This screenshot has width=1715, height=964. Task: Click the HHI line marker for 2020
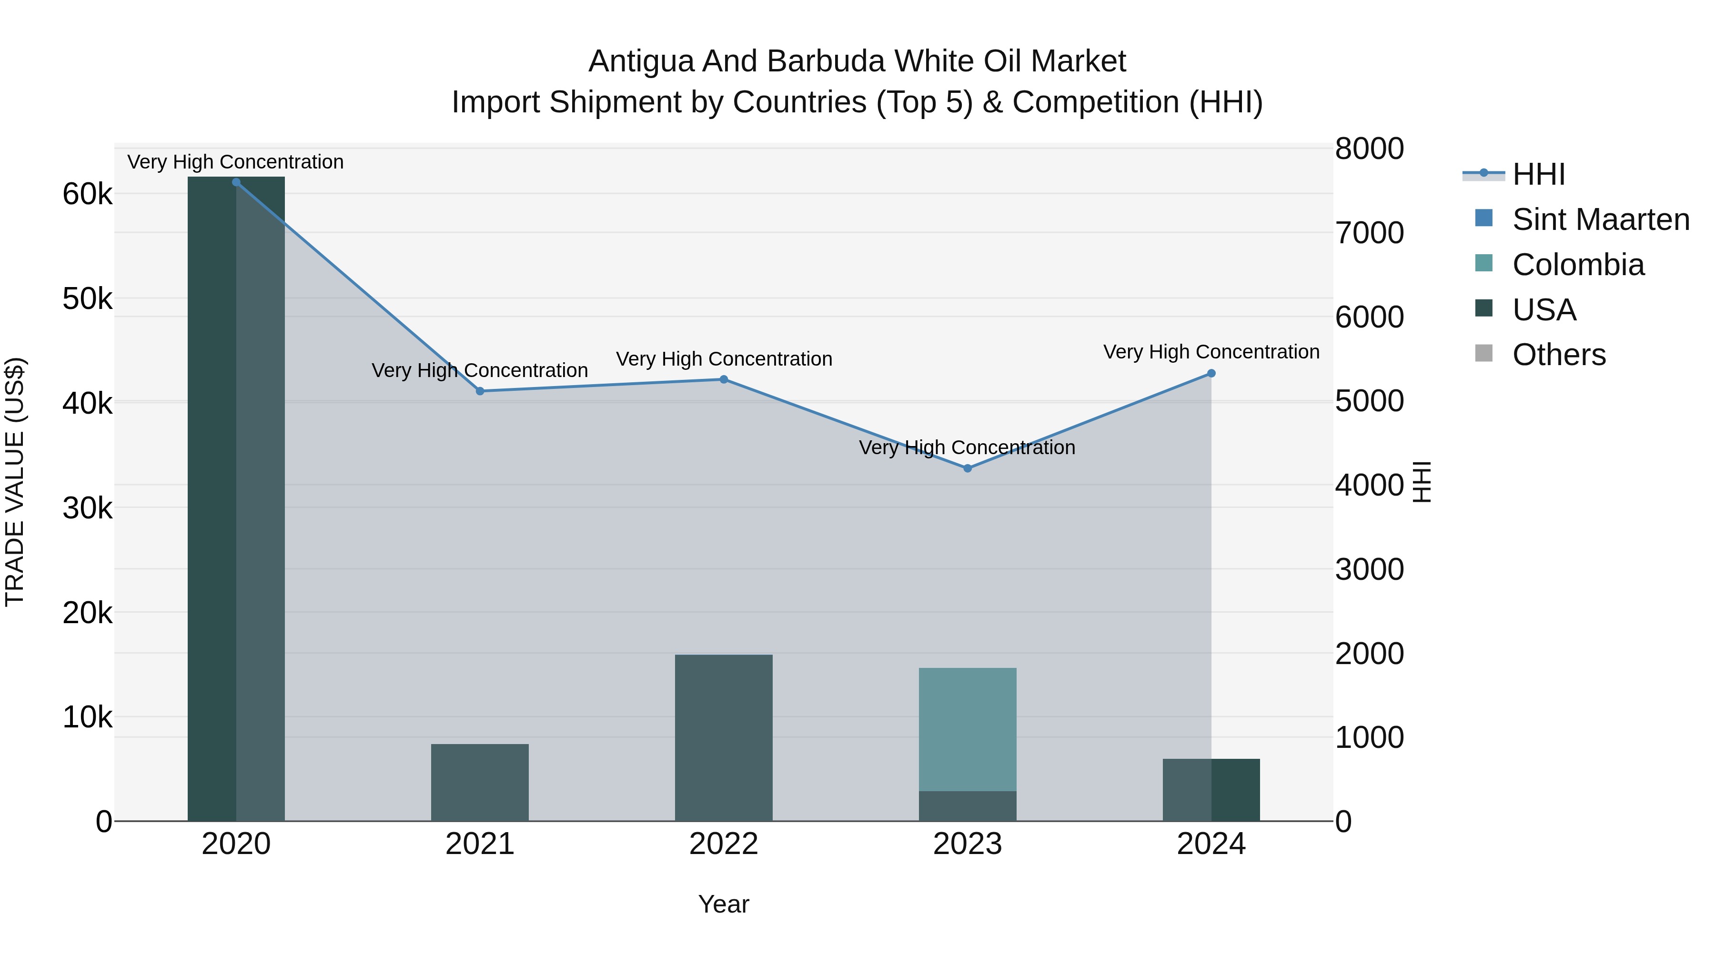pos(236,182)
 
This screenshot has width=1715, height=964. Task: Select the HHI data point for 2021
pos(480,391)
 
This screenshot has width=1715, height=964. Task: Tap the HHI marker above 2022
pos(724,379)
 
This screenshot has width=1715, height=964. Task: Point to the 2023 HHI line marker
pos(968,468)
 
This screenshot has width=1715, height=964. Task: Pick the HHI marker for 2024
pos(1211,373)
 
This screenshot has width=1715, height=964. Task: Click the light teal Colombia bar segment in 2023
pos(968,729)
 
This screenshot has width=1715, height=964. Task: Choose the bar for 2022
pos(724,738)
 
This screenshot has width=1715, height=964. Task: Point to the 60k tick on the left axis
pos(87,195)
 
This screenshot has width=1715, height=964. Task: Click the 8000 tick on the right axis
pos(1370,149)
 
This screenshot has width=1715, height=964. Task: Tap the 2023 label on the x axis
pos(968,844)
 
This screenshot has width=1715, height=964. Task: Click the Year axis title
pos(724,904)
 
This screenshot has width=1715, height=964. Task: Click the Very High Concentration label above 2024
pos(1211,352)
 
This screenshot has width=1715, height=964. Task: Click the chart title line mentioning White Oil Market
pos(857,61)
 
